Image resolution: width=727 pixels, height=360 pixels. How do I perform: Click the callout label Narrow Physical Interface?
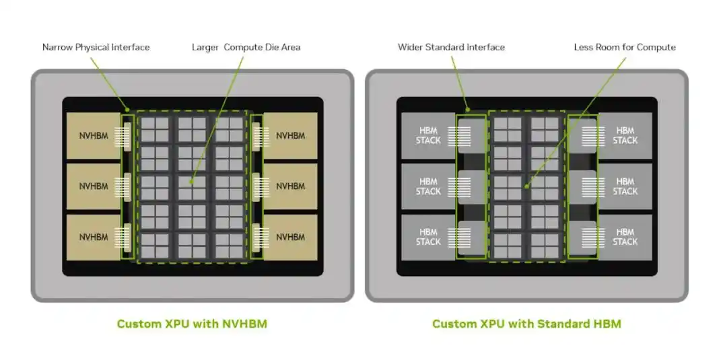(96, 47)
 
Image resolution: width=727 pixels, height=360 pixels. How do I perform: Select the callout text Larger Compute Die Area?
(246, 47)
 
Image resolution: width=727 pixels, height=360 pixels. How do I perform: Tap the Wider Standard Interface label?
(451, 47)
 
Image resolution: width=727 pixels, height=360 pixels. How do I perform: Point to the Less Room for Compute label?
(625, 47)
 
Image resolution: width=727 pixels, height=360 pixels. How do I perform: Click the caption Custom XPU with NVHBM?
(192, 324)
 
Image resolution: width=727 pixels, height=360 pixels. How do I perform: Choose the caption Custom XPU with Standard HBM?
(526, 324)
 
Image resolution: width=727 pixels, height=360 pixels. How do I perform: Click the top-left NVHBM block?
(94, 136)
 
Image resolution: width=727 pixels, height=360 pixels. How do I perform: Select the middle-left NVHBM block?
(94, 186)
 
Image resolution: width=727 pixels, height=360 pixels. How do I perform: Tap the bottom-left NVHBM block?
(94, 238)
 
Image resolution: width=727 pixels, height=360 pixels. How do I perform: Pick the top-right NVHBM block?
(290, 136)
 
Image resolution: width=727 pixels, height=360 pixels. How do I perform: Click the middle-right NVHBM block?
(290, 186)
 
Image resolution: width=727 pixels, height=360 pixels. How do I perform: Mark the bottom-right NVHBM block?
(290, 238)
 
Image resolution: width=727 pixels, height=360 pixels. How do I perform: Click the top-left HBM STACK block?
(428, 136)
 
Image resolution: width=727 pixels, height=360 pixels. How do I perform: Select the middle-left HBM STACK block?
(428, 186)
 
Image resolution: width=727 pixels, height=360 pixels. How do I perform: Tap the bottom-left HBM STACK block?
(428, 238)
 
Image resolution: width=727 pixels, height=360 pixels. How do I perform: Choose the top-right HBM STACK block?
(625, 136)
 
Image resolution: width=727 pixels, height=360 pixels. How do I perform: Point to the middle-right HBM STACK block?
(625, 186)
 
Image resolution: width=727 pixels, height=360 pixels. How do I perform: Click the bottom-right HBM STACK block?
(625, 238)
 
